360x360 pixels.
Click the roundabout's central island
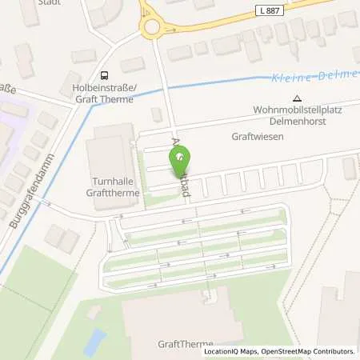click(x=152, y=26)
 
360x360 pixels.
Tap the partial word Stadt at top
click(x=50, y=2)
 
